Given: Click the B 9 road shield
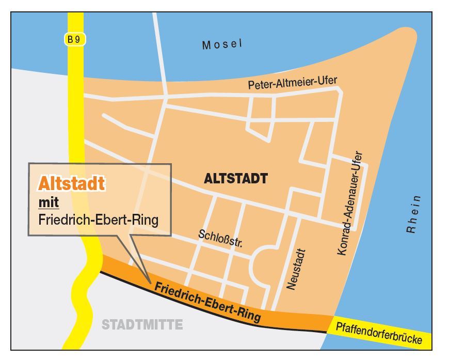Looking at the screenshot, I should pyautogui.click(x=75, y=39).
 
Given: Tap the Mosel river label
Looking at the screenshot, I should pyautogui.click(x=222, y=44).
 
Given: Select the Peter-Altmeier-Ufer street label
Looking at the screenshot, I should pyautogui.click(x=292, y=83).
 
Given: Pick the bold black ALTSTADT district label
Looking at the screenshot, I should pyautogui.click(x=236, y=179).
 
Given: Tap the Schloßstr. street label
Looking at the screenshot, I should pyautogui.click(x=220, y=238).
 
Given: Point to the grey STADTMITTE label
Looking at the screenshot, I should pyautogui.click(x=142, y=325).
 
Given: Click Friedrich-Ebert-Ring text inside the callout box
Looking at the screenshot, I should pyautogui.click(x=98, y=220).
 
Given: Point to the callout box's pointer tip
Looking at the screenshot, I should pyautogui.click(x=150, y=283).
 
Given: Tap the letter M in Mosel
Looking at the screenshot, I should pyautogui.click(x=206, y=45).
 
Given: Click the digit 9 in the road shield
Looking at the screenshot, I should pyautogui.click(x=78, y=39).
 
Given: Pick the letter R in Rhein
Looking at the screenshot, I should pyautogui.click(x=411, y=229).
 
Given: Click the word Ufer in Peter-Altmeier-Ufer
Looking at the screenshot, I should pyautogui.click(x=327, y=81).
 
